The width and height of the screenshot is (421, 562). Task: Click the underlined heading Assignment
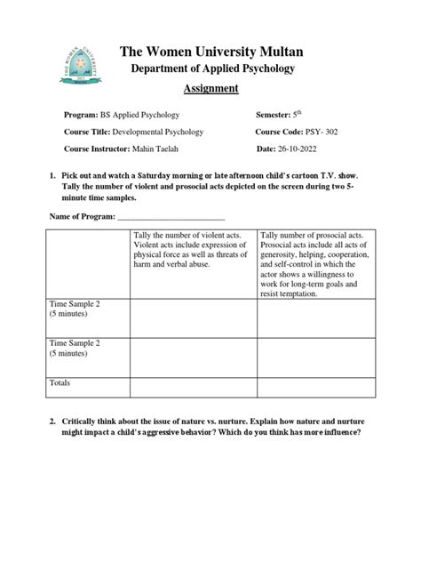coord(210,88)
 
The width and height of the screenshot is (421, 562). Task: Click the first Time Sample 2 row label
coord(75,309)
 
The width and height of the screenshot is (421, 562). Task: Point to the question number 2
coord(53,421)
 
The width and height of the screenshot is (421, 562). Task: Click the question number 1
coord(53,178)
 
